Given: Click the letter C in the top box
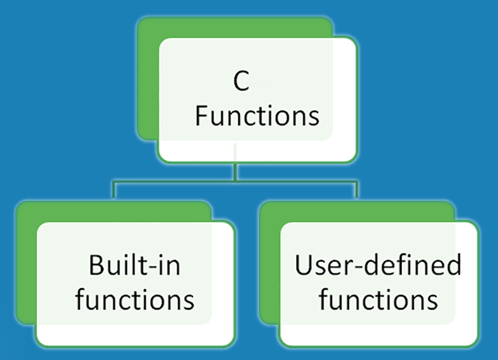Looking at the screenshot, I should point(241,83).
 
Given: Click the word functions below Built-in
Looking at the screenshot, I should point(135,300).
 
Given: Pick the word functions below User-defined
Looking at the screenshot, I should point(378,300).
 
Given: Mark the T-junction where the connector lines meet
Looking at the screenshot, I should point(235,182).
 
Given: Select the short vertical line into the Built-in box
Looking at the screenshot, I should point(113,191).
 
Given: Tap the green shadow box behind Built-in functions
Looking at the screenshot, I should point(26,264).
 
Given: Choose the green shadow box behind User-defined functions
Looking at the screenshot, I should point(269,264).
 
